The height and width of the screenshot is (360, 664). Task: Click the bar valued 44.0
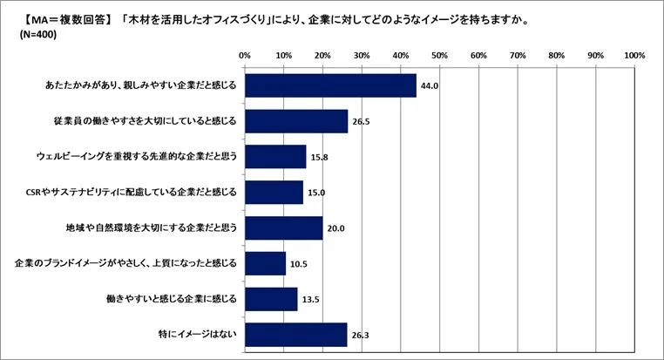tap(330, 85)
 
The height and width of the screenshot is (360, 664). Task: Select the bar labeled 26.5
tap(296, 121)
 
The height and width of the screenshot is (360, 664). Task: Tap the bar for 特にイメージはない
tap(296, 334)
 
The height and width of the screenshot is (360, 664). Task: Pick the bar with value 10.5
tap(265, 263)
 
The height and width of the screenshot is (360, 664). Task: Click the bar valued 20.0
tap(283, 228)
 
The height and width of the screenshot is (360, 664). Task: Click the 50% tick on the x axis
tap(439, 56)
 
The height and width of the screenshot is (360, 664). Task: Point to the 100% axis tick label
tap(634, 56)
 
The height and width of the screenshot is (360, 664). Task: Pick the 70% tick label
tap(518, 56)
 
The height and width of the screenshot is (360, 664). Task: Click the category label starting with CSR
tap(132, 192)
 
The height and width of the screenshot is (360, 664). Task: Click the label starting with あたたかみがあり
tap(140, 86)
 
